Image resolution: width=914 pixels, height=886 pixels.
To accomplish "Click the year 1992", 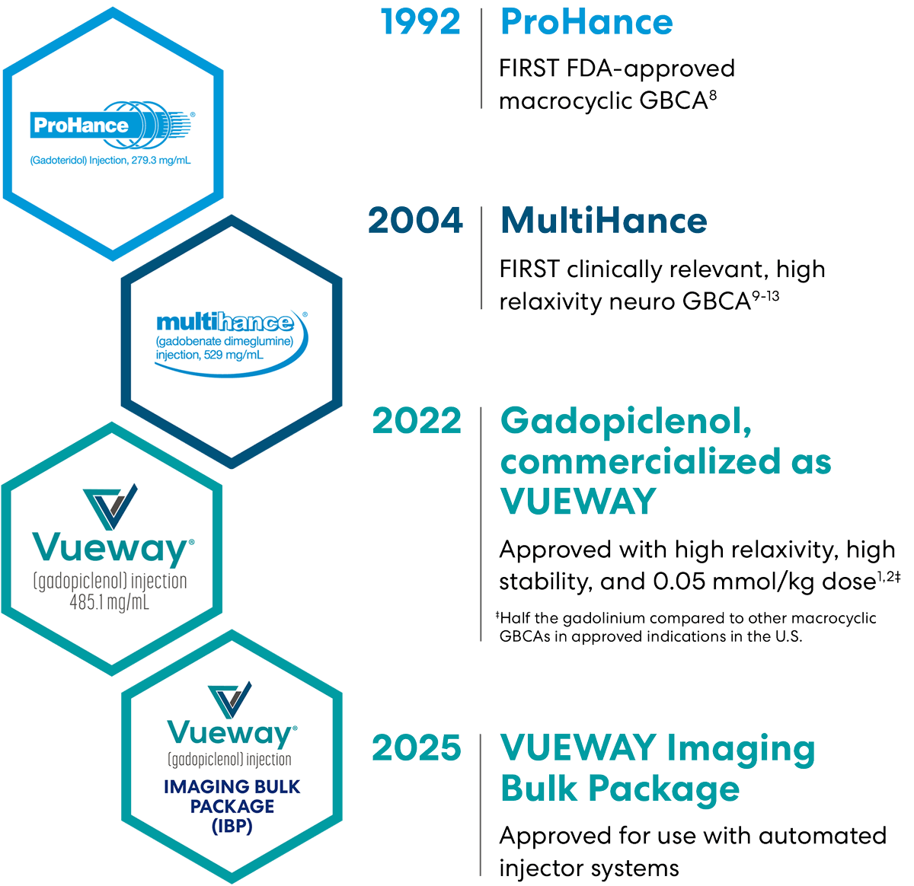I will [420, 22].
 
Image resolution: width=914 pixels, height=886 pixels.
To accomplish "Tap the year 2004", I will [415, 221].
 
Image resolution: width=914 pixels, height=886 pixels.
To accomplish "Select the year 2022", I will [416, 422].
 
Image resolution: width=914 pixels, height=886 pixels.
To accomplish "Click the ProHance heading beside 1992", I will [586, 22].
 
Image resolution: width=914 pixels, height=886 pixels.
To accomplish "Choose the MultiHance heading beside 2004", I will [603, 221].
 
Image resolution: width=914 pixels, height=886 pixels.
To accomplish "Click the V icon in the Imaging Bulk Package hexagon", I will [230, 700].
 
